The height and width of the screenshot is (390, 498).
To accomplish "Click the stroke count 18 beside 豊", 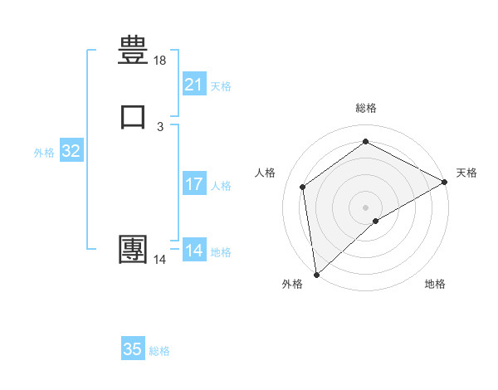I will point(160,61).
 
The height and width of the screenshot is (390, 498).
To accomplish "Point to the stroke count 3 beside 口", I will point(160,126).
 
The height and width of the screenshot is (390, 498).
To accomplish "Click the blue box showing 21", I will point(194,84).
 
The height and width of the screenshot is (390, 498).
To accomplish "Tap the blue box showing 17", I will point(194,184).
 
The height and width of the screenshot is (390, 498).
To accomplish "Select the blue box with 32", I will point(71,151).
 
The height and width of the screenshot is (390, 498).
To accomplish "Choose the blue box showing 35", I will point(133,349).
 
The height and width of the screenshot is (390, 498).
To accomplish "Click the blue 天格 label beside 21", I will point(221,85).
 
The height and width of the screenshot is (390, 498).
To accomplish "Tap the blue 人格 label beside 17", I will point(221,186).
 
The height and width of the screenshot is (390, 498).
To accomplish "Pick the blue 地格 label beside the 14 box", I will point(221,252).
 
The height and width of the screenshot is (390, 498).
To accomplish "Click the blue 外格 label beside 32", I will point(44,153).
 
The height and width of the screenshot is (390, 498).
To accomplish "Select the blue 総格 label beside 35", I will point(159,351).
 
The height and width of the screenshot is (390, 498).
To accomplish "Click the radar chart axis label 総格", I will point(366,108).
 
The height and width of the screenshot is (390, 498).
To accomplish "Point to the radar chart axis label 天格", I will point(466,173).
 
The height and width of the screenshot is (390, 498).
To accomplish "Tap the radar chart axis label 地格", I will point(435,285).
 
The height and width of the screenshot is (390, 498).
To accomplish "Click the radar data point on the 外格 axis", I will point(316,274).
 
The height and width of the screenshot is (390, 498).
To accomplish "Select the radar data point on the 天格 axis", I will point(445,182).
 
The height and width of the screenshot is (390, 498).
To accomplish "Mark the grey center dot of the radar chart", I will point(366,207).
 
